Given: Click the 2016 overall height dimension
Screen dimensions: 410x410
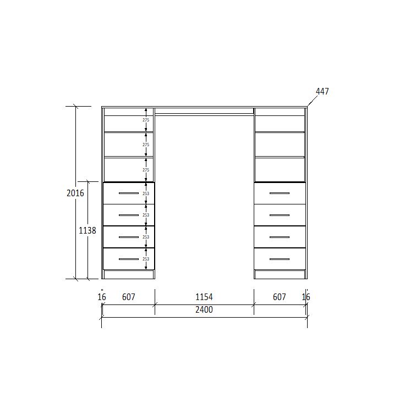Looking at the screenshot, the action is pyautogui.click(x=75, y=193).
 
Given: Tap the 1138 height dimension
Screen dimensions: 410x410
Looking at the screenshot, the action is pyautogui.click(x=88, y=231).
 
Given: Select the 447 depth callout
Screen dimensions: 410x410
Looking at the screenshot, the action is pyautogui.click(x=322, y=92).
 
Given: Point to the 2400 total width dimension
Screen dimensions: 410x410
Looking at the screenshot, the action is pyautogui.click(x=204, y=310).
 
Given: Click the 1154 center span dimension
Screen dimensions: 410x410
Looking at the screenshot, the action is pyautogui.click(x=204, y=297).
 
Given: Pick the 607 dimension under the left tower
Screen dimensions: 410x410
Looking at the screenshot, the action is pyautogui.click(x=129, y=297).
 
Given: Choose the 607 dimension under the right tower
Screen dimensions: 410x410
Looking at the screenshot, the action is pyautogui.click(x=280, y=297).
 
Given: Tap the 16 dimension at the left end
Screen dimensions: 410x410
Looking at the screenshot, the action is pyautogui.click(x=102, y=297).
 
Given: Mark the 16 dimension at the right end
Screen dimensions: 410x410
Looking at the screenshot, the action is pyautogui.click(x=306, y=297).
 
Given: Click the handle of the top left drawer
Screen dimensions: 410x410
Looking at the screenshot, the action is pyautogui.click(x=129, y=193).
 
